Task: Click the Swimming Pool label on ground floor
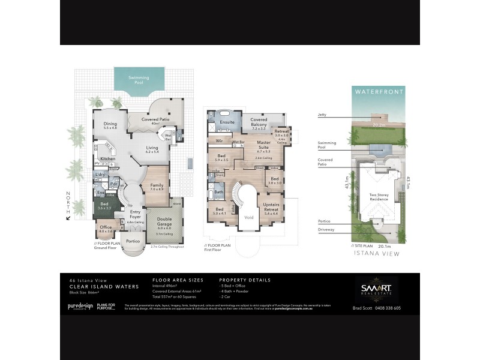point(139,79)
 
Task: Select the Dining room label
point(110,125)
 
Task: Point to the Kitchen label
point(108,159)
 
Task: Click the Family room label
point(157,187)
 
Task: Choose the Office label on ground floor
point(106,229)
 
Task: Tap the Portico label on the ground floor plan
point(133,241)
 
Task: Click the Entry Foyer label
point(134,214)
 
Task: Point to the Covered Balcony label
point(259,122)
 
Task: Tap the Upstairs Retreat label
point(271,208)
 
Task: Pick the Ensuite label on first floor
point(227,122)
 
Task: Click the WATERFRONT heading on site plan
point(379,92)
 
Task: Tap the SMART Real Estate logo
point(377,289)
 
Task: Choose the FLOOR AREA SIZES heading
point(178,280)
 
